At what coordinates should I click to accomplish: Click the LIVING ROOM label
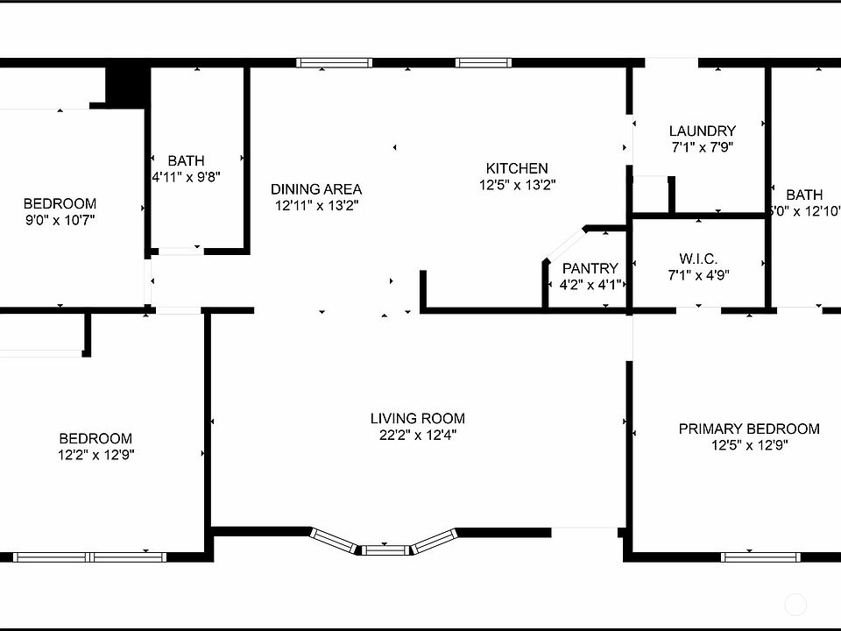[417, 418]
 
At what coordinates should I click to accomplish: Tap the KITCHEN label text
[517, 168]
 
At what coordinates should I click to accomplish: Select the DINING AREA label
[316, 188]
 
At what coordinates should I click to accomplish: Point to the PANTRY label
[590, 268]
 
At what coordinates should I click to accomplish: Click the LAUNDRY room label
[702, 131]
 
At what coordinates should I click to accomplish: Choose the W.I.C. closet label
[698, 259]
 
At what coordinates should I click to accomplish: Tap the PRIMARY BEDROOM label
[749, 429]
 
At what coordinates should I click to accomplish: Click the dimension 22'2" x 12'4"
[417, 435]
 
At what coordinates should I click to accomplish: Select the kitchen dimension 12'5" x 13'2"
[517, 185]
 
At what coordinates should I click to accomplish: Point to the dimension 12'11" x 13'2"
[316, 205]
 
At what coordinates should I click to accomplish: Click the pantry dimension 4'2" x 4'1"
[590, 285]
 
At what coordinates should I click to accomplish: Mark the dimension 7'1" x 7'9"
[702, 148]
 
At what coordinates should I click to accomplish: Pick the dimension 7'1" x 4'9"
[698, 275]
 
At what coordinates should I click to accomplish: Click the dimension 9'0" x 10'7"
[60, 220]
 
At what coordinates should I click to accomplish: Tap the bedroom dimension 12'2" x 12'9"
[95, 455]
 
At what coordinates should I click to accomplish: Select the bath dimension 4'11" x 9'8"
[186, 176]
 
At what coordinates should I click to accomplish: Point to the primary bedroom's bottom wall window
[760, 557]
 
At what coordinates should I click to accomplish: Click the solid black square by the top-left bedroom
[124, 85]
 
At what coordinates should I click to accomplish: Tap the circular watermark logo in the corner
[795, 605]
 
